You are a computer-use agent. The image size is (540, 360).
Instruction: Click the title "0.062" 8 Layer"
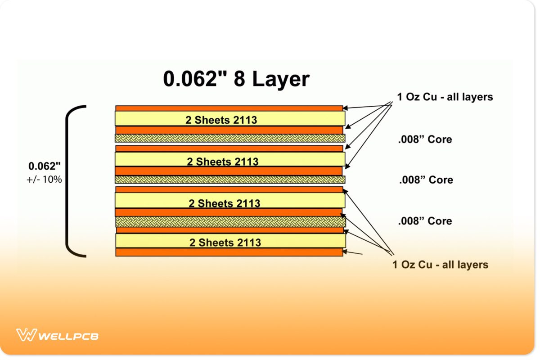click(236, 79)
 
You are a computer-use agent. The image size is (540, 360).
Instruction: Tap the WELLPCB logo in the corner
click(57, 335)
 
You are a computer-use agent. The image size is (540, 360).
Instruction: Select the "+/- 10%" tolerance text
click(44, 179)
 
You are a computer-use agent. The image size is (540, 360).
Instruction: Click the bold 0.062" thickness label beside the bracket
click(44, 166)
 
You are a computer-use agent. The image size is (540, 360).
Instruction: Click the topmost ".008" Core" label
click(425, 139)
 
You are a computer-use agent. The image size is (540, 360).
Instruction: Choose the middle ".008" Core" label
click(426, 180)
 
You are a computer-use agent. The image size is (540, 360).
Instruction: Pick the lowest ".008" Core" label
click(425, 221)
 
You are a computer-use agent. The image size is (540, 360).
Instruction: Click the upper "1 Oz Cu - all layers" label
click(445, 97)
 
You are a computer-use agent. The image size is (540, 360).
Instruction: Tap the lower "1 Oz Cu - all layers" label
click(440, 265)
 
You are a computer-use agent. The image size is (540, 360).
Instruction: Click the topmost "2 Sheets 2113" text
click(221, 120)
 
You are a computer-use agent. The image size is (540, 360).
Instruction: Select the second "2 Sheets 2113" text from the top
click(223, 162)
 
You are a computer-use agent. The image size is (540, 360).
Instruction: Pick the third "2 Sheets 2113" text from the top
click(224, 203)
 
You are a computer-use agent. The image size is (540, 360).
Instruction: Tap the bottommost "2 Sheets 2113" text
click(225, 243)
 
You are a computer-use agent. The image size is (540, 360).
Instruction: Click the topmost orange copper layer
click(229, 108)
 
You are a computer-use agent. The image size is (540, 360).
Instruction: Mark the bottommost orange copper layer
click(229, 252)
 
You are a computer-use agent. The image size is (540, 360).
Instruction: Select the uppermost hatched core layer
click(230, 138)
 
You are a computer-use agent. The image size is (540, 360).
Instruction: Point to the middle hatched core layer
click(230, 180)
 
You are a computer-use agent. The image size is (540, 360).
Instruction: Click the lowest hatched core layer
click(230, 221)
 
